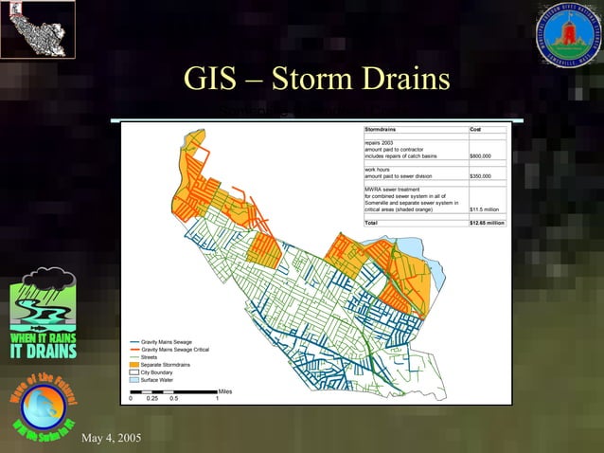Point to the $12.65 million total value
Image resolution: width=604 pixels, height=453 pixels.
(488, 223)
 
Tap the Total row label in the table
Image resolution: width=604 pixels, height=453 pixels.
(372, 223)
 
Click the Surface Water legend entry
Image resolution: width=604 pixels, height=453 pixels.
(160, 379)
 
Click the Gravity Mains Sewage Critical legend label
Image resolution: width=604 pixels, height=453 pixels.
(180, 350)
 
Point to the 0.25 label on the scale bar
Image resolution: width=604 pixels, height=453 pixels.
(151, 398)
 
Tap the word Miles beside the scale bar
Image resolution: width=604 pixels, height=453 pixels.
(225, 391)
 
